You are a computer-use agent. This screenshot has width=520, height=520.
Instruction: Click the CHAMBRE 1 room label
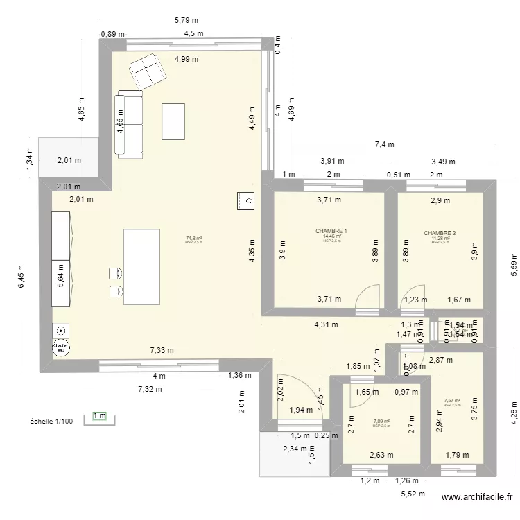331,231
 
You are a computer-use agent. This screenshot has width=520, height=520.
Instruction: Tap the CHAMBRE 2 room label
440,233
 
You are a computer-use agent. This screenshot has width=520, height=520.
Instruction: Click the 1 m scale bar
99,417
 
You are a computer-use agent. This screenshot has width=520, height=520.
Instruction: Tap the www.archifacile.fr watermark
478,497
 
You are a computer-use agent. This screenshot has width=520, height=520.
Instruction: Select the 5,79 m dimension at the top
186,21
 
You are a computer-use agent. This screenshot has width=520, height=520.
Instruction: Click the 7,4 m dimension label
384,145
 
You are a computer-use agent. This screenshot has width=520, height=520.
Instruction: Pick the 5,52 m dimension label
412,494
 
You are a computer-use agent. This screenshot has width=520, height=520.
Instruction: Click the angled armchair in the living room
146,71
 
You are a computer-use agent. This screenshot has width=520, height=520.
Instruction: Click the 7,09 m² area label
381,421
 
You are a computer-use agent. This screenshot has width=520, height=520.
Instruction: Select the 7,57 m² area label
452,400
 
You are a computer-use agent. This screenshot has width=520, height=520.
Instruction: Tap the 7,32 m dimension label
149,389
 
